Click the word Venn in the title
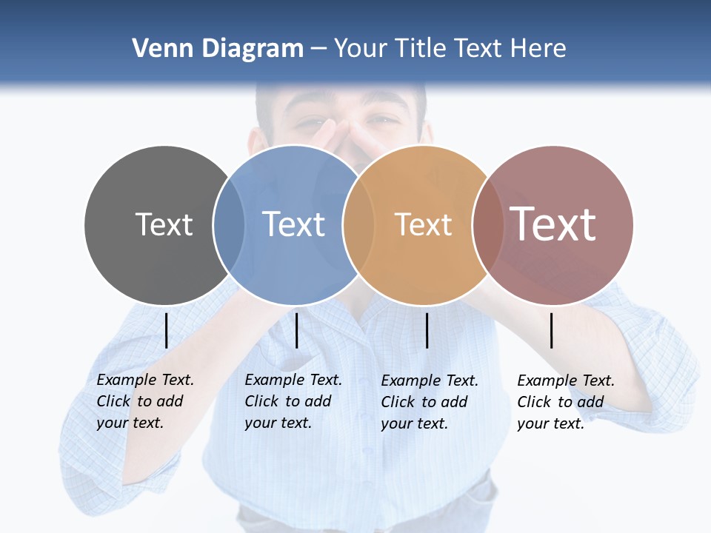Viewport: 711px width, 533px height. (x=158, y=49)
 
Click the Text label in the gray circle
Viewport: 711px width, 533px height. (x=164, y=224)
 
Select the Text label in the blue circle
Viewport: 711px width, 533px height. (x=294, y=224)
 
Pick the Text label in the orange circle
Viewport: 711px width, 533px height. (x=423, y=224)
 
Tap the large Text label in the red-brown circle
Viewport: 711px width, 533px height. (x=553, y=224)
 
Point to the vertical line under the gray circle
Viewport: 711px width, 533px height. (x=167, y=330)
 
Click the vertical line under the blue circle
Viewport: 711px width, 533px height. (x=296, y=330)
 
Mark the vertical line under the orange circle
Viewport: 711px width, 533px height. (x=427, y=330)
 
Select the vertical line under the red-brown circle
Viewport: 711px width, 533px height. (x=552, y=330)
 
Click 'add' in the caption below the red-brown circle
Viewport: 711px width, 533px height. (x=590, y=402)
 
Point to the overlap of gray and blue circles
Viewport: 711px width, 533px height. (x=228, y=224)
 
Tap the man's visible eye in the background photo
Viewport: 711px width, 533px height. (x=384, y=119)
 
